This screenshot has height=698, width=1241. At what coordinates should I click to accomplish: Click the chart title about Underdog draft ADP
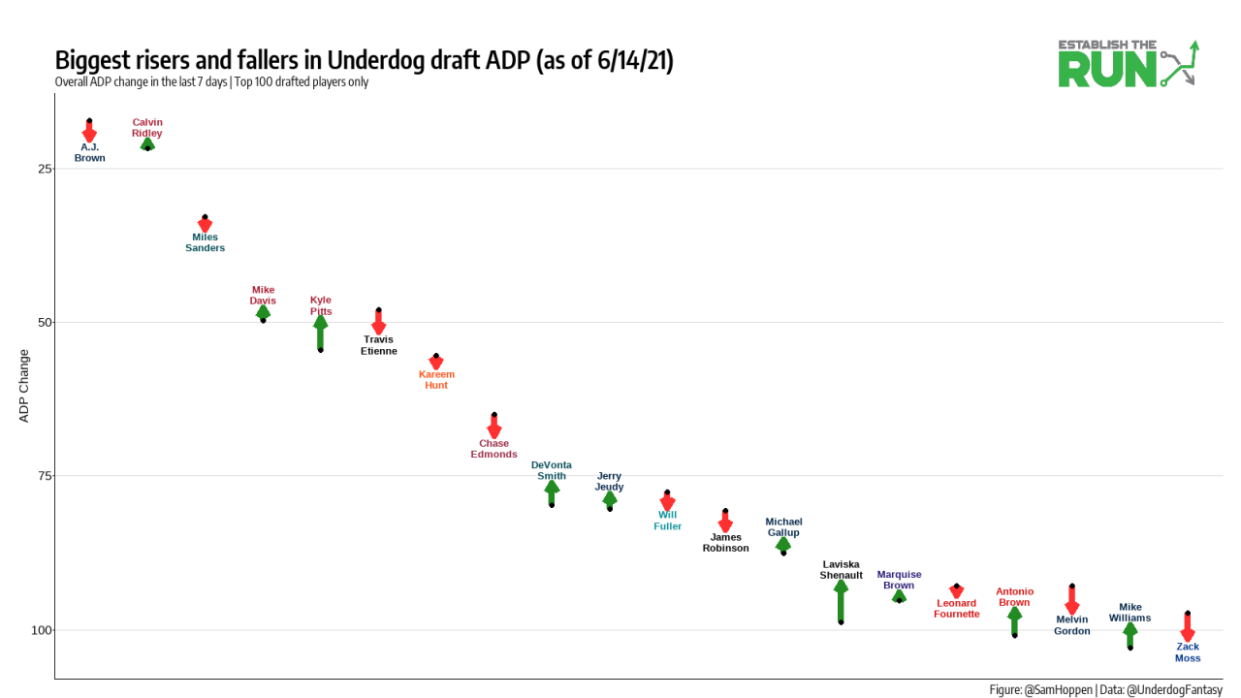point(364,60)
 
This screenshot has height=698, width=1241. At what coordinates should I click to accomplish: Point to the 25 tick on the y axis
point(45,169)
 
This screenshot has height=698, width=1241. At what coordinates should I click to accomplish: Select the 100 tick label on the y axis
point(42,630)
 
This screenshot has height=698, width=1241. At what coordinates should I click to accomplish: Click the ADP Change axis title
point(24,386)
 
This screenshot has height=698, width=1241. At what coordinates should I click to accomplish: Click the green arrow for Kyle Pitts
point(321,333)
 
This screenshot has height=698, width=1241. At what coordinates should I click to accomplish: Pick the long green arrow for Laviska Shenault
point(841,601)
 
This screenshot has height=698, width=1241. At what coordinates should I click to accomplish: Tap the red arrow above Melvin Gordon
point(1071,600)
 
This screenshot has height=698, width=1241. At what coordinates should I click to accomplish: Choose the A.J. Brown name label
point(89,152)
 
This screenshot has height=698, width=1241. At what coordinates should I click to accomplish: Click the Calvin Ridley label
point(147,128)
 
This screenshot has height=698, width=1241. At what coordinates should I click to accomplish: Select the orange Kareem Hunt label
point(436,380)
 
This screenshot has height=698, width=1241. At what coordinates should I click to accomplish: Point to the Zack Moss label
point(1188,652)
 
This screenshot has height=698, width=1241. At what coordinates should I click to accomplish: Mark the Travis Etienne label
point(379,345)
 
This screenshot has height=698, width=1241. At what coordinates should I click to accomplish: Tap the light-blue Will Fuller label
point(667,521)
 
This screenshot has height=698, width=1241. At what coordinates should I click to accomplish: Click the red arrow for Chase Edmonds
point(493,427)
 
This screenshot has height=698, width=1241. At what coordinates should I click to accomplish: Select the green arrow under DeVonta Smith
point(552,493)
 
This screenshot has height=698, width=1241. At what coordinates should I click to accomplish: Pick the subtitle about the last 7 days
point(211,82)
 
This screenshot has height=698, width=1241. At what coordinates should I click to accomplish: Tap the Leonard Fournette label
point(957,609)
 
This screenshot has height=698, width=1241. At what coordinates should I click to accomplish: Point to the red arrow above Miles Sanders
point(205,224)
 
